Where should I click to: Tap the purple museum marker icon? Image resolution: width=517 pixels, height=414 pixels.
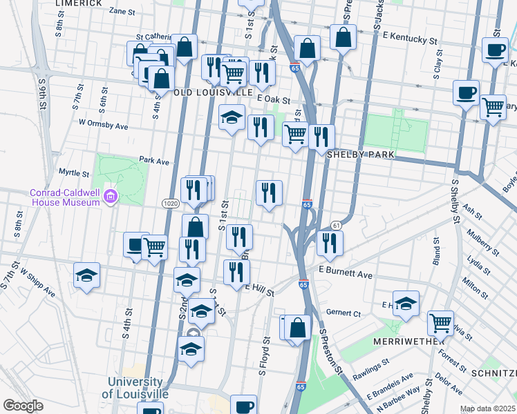[109, 199]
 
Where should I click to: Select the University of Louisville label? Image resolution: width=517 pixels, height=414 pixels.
[135, 388]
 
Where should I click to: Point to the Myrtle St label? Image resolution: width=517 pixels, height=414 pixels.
[74, 173]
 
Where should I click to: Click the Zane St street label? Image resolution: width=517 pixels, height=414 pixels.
[122, 11]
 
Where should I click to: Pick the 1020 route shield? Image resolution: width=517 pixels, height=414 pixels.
[172, 204]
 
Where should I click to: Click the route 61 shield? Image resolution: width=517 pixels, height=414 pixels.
[337, 226]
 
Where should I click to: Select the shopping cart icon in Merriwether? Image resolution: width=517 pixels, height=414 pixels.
[440, 322]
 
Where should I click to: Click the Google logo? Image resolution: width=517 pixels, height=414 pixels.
[23, 406]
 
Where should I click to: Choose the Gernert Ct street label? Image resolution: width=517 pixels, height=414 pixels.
[344, 313]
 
